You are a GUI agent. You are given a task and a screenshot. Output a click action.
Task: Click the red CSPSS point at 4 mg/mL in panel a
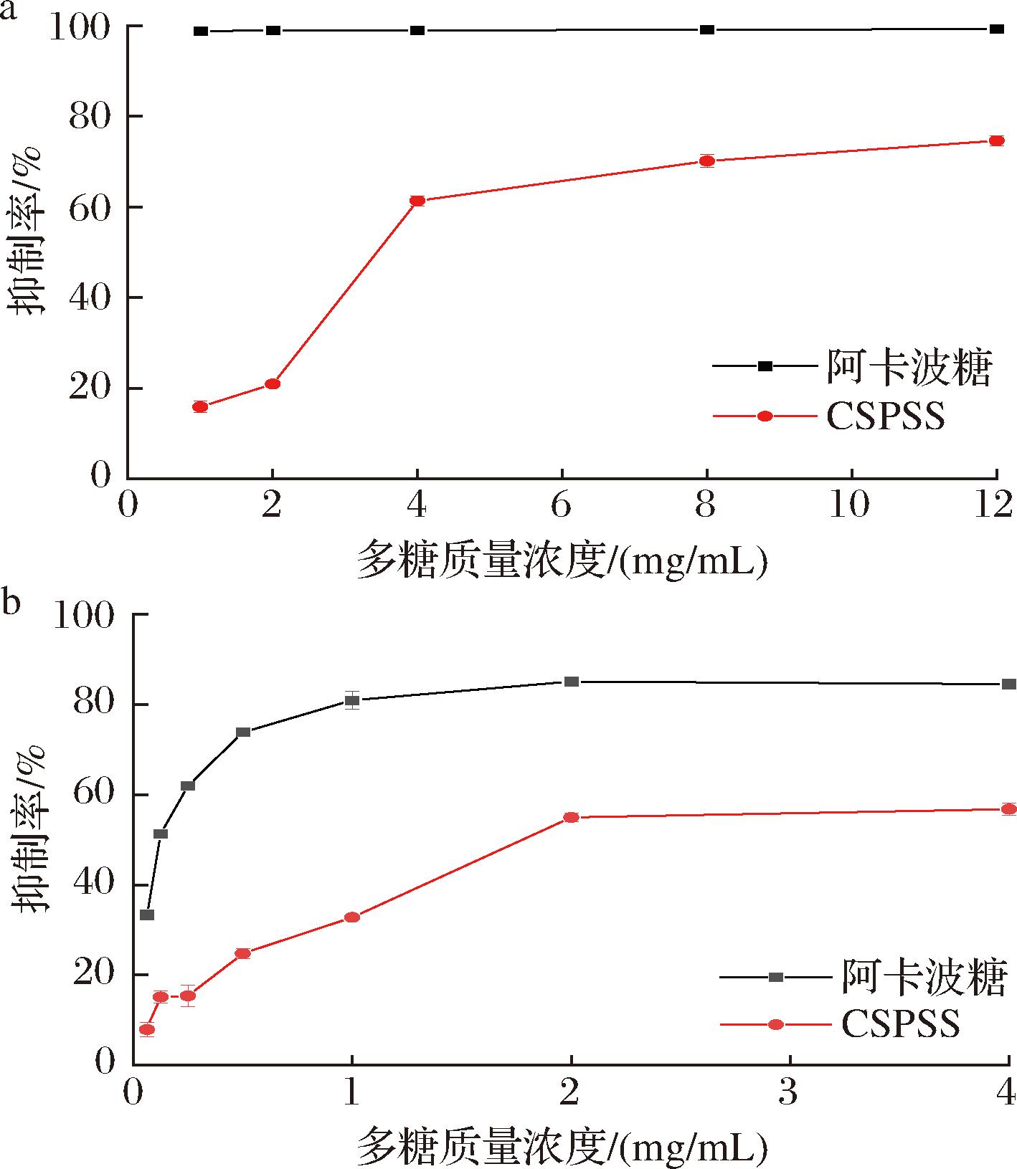pyautogui.click(x=417, y=201)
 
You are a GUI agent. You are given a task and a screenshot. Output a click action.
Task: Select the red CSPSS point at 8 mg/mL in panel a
pyautogui.click(x=706, y=161)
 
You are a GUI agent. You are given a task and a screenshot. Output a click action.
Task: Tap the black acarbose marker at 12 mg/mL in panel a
pyautogui.click(x=996, y=29)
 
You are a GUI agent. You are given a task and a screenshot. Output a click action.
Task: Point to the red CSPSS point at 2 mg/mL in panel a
pyautogui.click(x=273, y=383)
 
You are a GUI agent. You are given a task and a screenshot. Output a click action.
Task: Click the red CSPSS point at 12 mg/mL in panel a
pyautogui.click(x=996, y=140)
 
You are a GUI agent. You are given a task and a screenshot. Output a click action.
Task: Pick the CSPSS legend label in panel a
pyautogui.click(x=886, y=416)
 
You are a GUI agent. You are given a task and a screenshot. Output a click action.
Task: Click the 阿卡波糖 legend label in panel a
pyautogui.click(x=909, y=367)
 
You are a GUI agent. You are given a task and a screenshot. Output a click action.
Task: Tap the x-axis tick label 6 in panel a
pyautogui.click(x=562, y=505)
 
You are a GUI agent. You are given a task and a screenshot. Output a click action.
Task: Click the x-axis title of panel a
pyautogui.click(x=562, y=561)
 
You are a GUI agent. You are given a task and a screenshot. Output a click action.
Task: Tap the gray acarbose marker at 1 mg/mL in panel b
pyautogui.click(x=351, y=700)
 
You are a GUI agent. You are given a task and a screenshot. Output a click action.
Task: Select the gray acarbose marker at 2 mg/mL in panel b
pyautogui.click(x=571, y=681)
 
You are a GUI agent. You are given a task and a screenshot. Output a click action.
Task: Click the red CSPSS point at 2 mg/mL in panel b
pyautogui.click(x=571, y=817)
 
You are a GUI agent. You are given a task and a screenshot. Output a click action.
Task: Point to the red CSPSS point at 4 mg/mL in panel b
pyautogui.click(x=1008, y=809)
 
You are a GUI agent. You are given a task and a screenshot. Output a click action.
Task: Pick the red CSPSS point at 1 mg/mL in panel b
pyautogui.click(x=351, y=917)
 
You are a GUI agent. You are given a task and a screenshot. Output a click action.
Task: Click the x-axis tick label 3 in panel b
pyautogui.click(x=789, y=1093)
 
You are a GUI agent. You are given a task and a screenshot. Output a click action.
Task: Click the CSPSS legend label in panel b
pyautogui.click(x=900, y=1024)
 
